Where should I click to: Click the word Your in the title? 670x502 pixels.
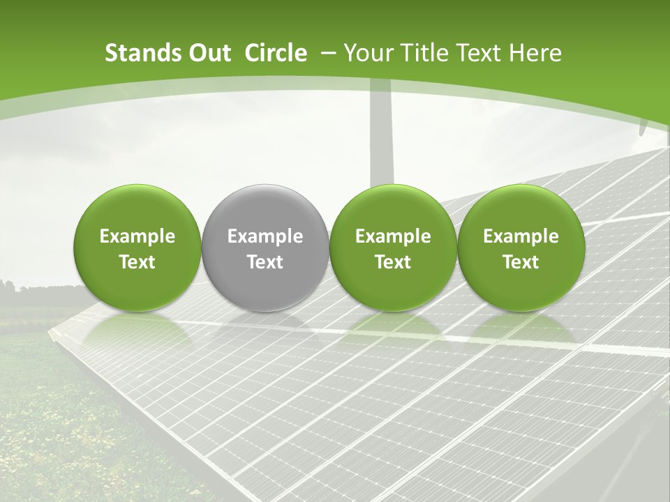click(366, 54)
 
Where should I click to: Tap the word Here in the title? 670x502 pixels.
click(534, 54)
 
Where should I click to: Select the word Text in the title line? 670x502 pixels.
click(476, 54)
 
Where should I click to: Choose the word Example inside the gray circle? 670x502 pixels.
click(265, 236)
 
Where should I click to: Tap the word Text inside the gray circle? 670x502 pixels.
click(265, 262)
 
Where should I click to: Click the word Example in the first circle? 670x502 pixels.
click(137, 236)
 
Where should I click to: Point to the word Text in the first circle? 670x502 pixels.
click(137, 262)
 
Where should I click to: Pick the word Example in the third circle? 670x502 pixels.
click(393, 236)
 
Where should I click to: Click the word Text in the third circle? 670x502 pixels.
click(393, 262)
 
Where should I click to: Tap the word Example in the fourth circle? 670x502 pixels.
click(521, 236)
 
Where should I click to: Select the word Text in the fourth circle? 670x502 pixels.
click(521, 262)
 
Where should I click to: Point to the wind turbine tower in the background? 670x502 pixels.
click(381, 146)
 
